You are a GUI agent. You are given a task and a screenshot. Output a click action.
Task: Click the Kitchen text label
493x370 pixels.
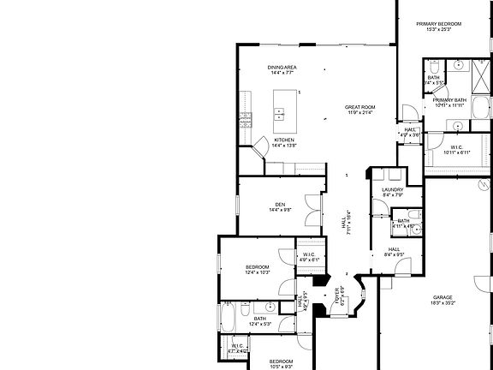pos(283,140)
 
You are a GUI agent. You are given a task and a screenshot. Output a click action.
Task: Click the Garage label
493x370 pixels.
pos(442,296)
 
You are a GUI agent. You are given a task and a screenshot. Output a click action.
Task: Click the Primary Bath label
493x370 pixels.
pos(448,100)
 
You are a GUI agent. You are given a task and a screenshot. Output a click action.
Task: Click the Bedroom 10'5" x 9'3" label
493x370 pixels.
pos(282,361)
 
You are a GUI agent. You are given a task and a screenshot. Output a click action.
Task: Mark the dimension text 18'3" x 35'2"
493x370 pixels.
pos(442,302)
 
